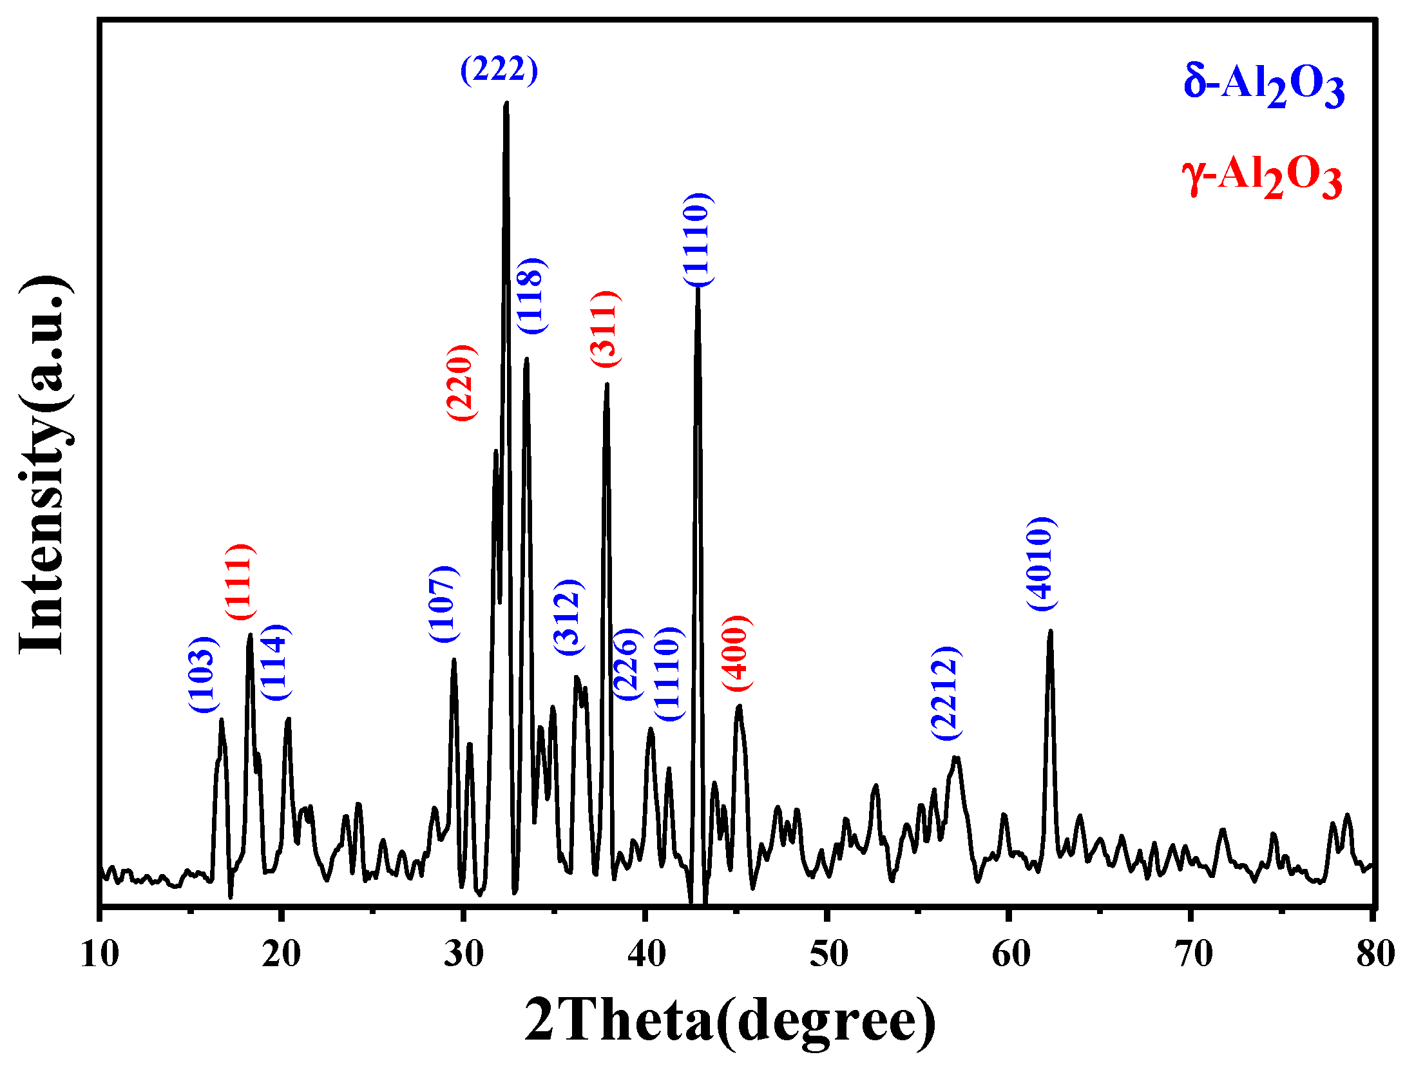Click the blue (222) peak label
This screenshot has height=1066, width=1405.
[499, 69]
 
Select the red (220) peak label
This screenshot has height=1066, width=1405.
[461, 383]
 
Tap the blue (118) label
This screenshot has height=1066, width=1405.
[532, 296]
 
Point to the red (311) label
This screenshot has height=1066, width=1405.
[606, 329]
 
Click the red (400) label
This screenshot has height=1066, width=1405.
[736, 653]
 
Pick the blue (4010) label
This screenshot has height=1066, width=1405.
[1041, 564]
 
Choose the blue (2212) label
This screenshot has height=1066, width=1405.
[946, 692]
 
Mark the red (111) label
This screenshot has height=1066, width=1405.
[240, 582]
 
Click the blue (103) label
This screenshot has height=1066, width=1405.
[204, 674]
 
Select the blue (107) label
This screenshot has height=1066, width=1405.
[444, 604]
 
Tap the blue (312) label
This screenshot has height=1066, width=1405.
[569, 617]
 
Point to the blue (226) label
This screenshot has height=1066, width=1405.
[627, 663]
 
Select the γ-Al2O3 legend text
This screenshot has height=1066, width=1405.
[1262, 177]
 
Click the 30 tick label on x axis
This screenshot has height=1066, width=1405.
[463, 954]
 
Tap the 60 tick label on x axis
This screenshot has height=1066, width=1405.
[1009, 954]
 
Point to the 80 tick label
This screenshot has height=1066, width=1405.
[1375, 954]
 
